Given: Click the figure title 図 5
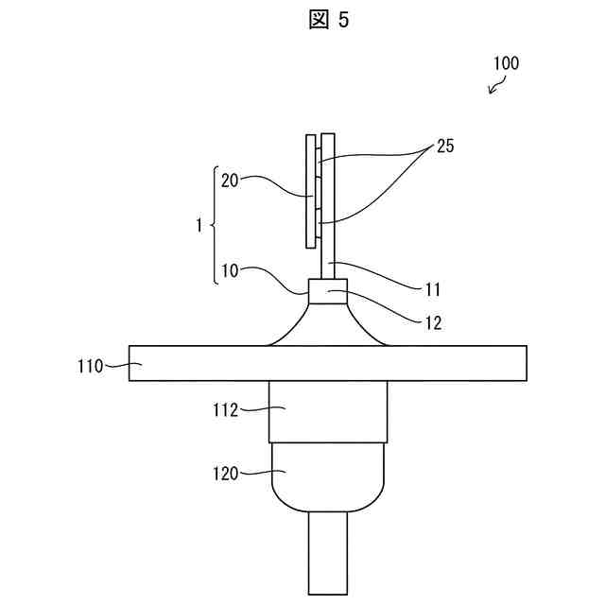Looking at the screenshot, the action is (x=329, y=22).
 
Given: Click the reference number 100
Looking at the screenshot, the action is (x=506, y=64).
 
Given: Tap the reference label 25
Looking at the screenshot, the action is (x=443, y=148).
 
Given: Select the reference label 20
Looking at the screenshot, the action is (x=230, y=179).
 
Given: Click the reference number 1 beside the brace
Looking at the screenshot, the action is (x=198, y=226).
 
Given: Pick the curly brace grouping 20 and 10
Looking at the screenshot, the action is (x=212, y=226).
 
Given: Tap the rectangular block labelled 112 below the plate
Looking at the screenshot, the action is (x=327, y=412).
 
